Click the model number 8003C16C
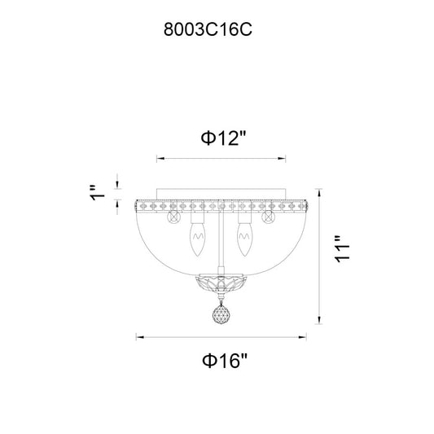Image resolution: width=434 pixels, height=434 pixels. [208, 29]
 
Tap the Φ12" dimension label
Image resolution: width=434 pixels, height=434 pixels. [223, 138]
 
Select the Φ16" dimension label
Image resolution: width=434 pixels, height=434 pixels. [224, 361]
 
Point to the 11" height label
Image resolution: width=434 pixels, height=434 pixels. [342, 249]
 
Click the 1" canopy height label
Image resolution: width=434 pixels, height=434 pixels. [97, 192]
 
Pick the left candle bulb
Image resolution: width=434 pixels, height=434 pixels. [198, 239]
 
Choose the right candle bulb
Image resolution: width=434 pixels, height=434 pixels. [244, 239]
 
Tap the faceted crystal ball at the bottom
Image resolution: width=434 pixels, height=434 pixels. [221, 314]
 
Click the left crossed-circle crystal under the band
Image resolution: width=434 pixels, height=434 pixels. [174, 217]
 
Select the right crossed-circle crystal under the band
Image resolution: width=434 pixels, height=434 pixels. [268, 217]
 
